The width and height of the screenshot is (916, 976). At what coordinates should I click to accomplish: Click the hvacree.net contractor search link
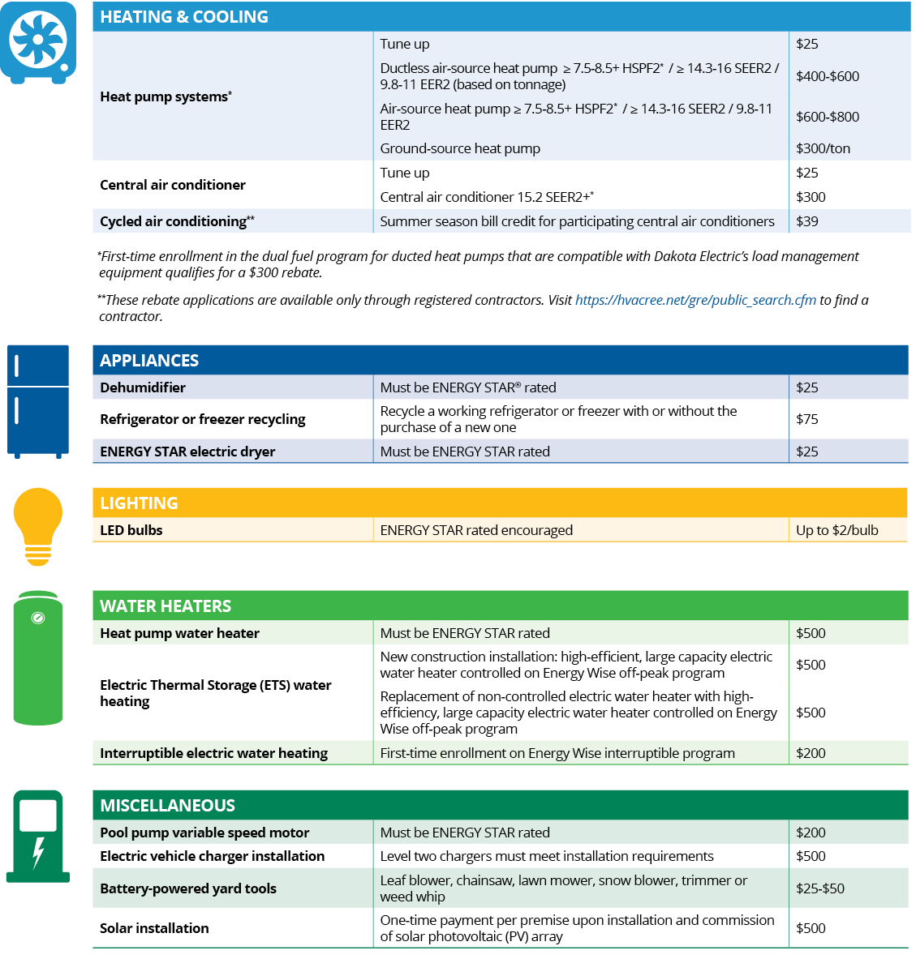[x=695, y=300]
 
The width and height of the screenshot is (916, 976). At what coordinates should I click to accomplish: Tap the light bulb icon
[x=38, y=526]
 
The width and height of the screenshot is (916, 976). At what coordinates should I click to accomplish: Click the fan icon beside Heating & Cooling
[x=38, y=42]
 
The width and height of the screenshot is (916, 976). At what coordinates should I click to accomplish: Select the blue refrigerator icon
[x=38, y=401]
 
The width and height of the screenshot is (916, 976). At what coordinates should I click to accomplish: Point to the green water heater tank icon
[x=38, y=657]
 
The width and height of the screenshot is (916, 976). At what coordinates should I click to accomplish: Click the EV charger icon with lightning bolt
[x=38, y=836]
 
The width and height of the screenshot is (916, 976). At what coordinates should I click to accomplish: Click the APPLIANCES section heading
[x=149, y=361]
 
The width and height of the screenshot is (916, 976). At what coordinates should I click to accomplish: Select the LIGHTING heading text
[x=139, y=503]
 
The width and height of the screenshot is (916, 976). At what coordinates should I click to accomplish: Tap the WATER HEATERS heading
[x=166, y=606]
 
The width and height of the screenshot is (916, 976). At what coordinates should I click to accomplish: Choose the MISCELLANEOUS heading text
[x=167, y=806]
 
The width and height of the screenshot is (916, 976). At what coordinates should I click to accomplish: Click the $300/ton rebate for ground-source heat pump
[x=823, y=148]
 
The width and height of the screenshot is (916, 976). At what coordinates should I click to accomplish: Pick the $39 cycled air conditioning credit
[x=807, y=221]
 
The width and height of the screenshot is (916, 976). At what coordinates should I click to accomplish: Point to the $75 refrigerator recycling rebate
[x=807, y=419]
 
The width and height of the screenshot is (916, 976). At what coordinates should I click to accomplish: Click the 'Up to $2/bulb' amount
[x=836, y=530]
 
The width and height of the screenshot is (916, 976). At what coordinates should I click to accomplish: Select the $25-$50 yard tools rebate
[x=819, y=888]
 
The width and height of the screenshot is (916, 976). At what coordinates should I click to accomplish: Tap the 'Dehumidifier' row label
[x=143, y=387]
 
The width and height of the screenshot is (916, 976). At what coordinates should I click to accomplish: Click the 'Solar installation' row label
[x=154, y=928]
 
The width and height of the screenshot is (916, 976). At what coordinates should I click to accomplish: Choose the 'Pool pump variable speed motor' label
[x=204, y=833]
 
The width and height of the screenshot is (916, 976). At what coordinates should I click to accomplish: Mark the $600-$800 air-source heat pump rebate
[x=827, y=117]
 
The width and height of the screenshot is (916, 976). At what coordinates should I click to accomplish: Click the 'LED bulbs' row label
[x=131, y=530]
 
